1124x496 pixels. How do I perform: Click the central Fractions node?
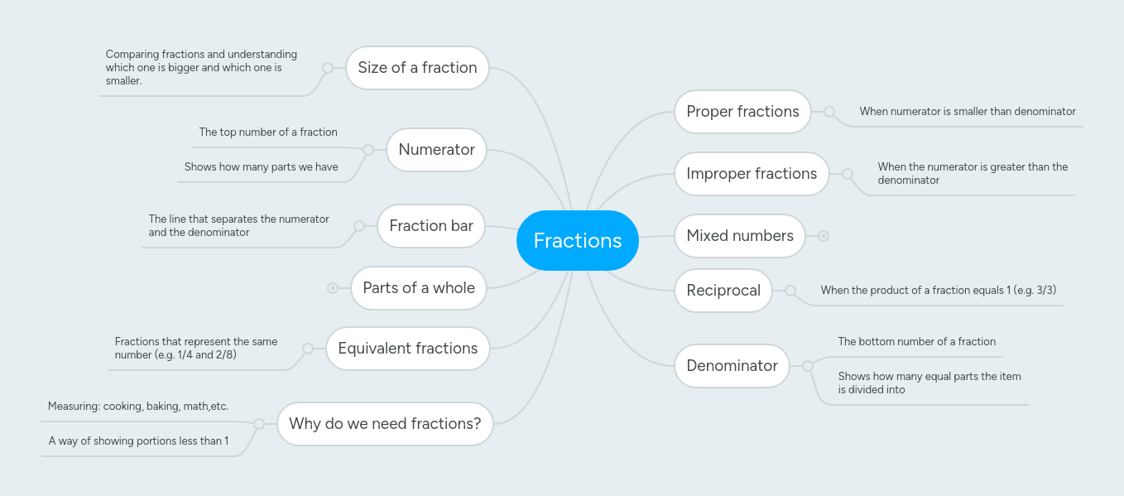pos(577,240)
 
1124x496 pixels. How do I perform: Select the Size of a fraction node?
pos(417,68)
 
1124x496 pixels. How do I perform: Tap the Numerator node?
pos(436,150)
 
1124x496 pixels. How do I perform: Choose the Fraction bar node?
pos(430,226)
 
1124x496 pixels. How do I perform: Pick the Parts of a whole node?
pos(418,288)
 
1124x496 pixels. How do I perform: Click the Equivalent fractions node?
pos(407,349)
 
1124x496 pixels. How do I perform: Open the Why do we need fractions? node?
pos(384,424)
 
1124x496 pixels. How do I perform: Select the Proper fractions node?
pos(742,112)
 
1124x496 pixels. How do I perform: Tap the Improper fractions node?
pos(751,174)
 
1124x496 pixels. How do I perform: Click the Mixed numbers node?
pos(739,236)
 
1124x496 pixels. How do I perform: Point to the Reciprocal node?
pos(723,291)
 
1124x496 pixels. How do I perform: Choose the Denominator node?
pos(732,366)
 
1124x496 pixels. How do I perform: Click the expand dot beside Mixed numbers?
pos(824,236)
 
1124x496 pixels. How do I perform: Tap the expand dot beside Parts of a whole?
pos(333,288)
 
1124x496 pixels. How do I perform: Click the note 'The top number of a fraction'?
pos(268,132)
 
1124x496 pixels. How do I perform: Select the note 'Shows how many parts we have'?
pos(261,167)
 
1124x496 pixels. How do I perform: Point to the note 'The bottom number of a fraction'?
pos(916,342)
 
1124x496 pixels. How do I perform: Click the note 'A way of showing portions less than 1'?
pos(138,441)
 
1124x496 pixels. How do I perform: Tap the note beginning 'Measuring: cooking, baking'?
pos(138,407)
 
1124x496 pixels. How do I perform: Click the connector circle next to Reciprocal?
pos(790,291)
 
